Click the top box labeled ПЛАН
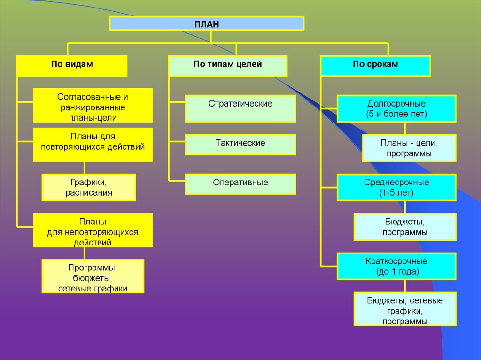207,23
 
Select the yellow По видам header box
72,65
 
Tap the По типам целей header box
228,65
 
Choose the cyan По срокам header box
375,65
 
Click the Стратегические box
240,108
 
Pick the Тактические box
240,145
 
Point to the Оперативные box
240,184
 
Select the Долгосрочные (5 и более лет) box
396,108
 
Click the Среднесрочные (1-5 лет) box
396,187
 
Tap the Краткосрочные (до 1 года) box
396,266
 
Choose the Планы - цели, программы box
409,148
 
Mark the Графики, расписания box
89,187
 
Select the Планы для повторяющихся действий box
93,145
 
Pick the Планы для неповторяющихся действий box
93,230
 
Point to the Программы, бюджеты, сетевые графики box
93,276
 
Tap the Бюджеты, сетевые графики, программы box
405,309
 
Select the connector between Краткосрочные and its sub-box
405,286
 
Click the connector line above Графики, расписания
84,168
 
